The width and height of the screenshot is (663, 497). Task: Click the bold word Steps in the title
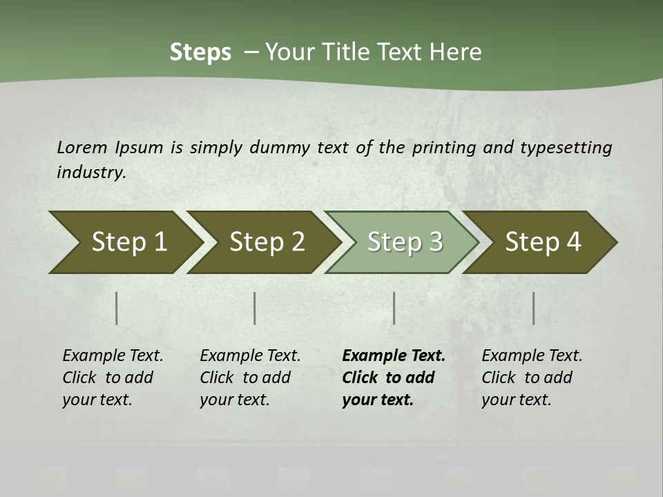pyautogui.click(x=200, y=52)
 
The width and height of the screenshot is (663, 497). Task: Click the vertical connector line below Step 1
pyautogui.click(x=117, y=308)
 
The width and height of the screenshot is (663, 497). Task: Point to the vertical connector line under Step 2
pyautogui.click(x=255, y=308)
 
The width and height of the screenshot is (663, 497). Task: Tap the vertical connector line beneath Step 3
pyautogui.click(x=394, y=308)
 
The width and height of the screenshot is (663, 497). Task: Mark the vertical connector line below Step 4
pyautogui.click(x=534, y=308)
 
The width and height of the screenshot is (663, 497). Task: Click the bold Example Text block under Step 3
pyautogui.click(x=394, y=378)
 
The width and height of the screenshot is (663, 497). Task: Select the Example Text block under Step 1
pyautogui.click(x=113, y=378)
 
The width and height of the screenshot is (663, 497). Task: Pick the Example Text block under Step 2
pyautogui.click(x=250, y=378)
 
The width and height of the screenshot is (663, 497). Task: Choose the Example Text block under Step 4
pyautogui.click(x=532, y=378)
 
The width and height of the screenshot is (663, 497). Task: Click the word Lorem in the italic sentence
pyautogui.click(x=81, y=148)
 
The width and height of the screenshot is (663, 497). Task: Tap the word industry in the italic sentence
pyautogui.click(x=91, y=173)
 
